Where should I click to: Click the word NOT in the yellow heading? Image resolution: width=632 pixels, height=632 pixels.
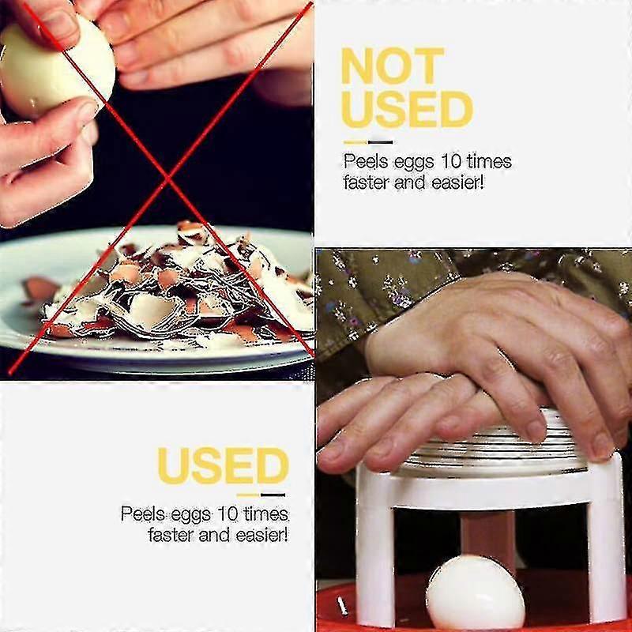[x=391, y=67]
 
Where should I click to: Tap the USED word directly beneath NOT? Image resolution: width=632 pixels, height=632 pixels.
[x=406, y=109]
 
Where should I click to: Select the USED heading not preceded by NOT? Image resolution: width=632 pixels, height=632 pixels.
[x=222, y=465]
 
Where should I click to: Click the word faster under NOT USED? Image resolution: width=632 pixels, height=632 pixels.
[x=370, y=182]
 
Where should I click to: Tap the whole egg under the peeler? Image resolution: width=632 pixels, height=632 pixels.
[x=475, y=592]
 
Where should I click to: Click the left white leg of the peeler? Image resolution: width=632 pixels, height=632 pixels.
[x=374, y=553]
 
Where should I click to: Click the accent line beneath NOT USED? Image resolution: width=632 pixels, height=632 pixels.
[x=367, y=141]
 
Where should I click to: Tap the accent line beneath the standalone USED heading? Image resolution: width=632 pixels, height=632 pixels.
[x=261, y=495]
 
